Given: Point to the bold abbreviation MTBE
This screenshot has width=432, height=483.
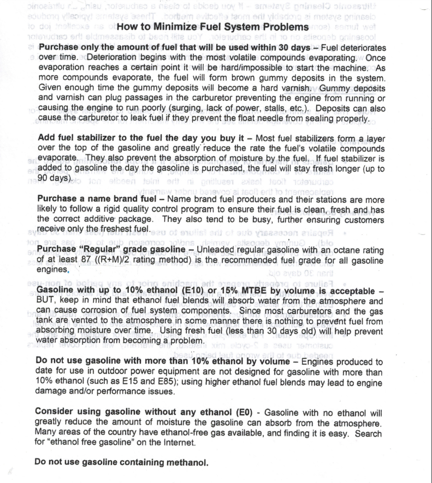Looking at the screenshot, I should pyautogui.click(x=261, y=289).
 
